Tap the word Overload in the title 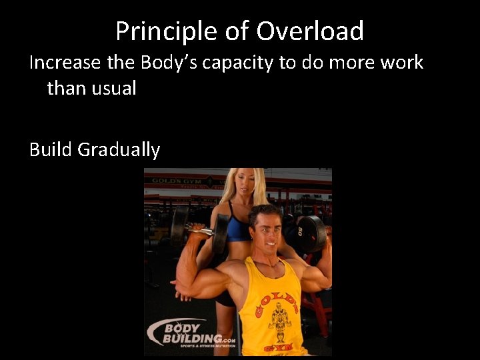310,31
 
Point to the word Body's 169,63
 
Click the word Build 51,149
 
